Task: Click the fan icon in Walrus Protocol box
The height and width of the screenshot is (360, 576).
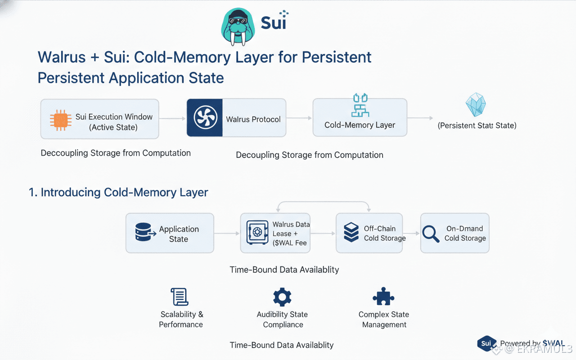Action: point(205,118)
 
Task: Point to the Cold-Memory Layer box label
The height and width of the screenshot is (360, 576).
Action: point(360,125)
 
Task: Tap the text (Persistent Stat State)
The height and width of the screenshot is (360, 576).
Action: point(477,126)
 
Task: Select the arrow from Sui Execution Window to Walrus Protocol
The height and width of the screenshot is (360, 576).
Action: point(172,118)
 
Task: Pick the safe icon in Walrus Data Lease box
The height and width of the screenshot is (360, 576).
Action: point(257,233)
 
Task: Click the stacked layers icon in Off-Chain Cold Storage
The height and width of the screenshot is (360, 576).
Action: point(351,233)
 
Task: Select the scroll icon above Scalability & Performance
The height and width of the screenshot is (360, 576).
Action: point(180,297)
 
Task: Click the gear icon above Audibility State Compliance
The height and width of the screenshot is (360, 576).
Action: point(282,297)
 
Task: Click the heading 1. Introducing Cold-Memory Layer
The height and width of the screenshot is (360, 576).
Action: point(118,193)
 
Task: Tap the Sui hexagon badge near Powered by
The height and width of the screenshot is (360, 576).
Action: point(486,343)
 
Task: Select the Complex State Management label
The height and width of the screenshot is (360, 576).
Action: point(384,319)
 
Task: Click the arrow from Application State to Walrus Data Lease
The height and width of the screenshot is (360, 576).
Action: point(227,234)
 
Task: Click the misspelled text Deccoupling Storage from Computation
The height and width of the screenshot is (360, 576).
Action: point(116,153)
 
